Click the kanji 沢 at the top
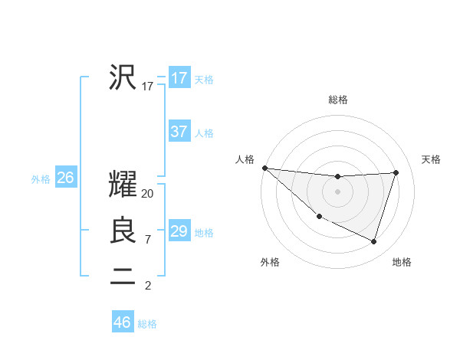[x=123, y=77]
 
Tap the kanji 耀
[x=123, y=185]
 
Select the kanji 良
[x=123, y=231]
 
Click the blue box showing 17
[x=179, y=78]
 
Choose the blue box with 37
[x=179, y=132]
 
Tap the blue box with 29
[x=179, y=231]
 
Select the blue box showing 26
[x=65, y=178]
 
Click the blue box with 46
[x=123, y=322]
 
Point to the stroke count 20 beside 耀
[x=148, y=194]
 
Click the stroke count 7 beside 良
[x=147, y=240]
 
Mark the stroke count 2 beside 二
[x=147, y=286]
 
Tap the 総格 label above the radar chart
[x=337, y=100]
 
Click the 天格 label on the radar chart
[x=431, y=159]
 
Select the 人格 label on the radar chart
[x=245, y=159]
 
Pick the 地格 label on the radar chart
[x=402, y=262]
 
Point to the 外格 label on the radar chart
[x=270, y=262]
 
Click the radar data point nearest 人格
[x=264, y=168]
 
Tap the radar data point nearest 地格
[x=373, y=241]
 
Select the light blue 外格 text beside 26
[x=41, y=179]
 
